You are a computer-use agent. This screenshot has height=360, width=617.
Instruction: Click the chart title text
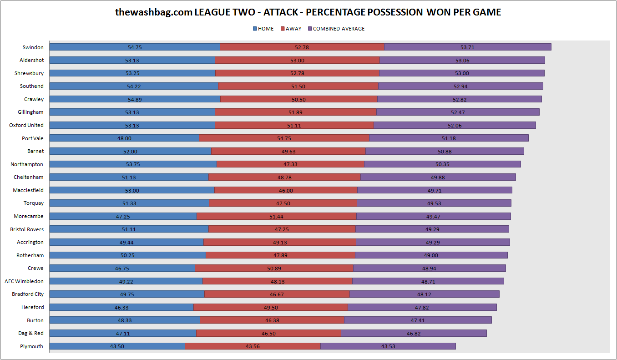[x=308, y=12]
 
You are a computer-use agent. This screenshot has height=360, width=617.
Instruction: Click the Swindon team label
[x=33, y=47]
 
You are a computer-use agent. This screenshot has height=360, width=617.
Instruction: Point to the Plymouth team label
[x=31, y=346]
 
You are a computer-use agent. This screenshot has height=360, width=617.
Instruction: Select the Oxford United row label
[x=26, y=125]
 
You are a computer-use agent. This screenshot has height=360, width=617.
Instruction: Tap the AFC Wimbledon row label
[x=24, y=281]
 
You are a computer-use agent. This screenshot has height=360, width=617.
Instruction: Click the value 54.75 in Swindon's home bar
[x=135, y=47]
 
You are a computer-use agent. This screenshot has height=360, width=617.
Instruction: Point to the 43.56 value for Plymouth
[x=253, y=347]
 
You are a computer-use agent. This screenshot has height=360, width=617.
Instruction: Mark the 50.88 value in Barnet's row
[x=444, y=152]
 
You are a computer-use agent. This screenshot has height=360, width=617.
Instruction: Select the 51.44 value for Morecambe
[x=276, y=217]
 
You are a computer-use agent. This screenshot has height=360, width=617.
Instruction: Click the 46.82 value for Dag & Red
[x=413, y=334]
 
